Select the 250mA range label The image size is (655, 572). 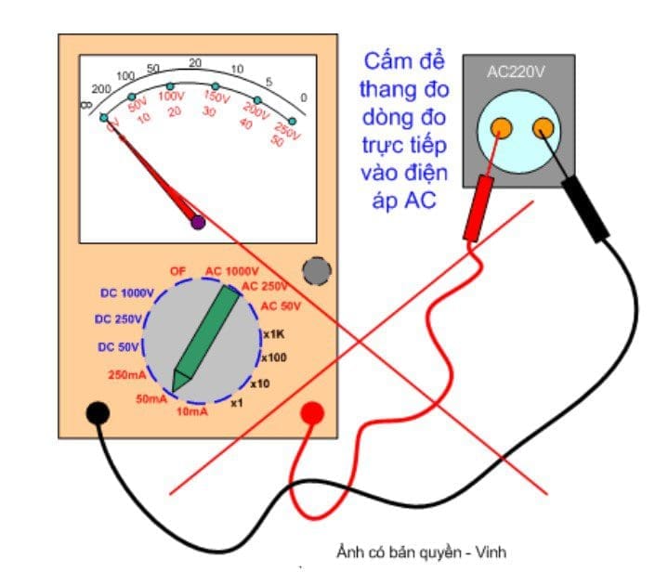pyautogui.click(x=126, y=374)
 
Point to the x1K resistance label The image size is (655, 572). pyautogui.click(x=273, y=334)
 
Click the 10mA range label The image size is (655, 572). pyautogui.click(x=191, y=410)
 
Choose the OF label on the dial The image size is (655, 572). pyautogui.click(x=177, y=270)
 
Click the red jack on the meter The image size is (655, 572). pyautogui.click(x=312, y=412)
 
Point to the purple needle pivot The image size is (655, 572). pyautogui.click(x=197, y=222)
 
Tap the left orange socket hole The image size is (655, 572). pyautogui.click(x=501, y=127)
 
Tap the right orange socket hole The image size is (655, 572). pyautogui.click(x=541, y=127)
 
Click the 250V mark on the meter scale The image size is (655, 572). pyautogui.click(x=288, y=132)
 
